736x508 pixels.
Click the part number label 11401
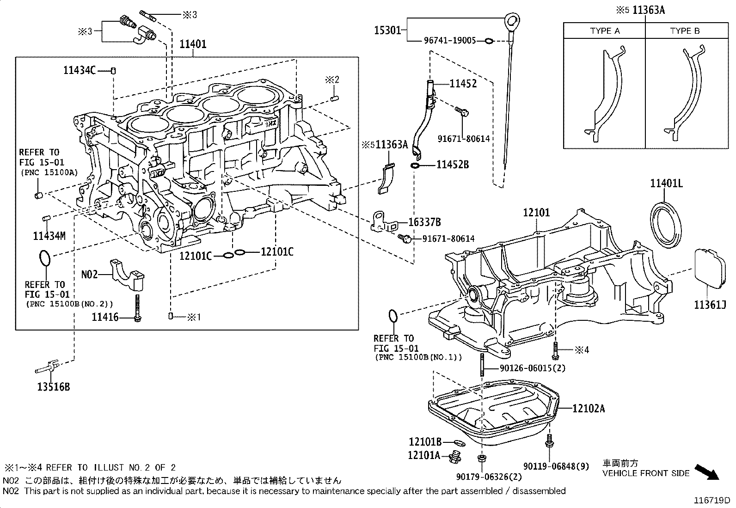click(x=193, y=44)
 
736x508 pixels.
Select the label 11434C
click(x=80, y=70)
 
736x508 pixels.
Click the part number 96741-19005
click(x=450, y=41)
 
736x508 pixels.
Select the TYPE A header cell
click(x=604, y=31)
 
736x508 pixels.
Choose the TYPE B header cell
click(x=685, y=31)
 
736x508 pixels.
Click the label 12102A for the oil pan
click(x=588, y=408)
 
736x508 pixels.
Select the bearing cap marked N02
click(x=127, y=275)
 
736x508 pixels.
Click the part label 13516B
click(x=54, y=386)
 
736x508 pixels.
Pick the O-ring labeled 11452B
click(x=415, y=165)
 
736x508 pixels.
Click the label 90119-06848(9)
click(x=557, y=466)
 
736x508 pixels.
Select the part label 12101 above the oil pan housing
click(x=536, y=213)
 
